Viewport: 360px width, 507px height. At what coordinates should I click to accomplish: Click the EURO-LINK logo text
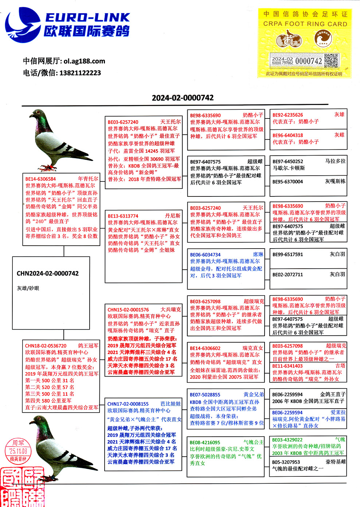point(87,17)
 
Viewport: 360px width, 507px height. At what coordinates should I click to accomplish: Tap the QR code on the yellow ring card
point(331,61)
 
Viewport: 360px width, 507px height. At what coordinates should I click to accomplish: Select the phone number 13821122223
point(80,73)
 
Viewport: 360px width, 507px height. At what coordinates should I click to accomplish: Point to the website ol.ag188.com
point(84,61)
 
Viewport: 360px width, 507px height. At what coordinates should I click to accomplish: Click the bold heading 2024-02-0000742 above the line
point(183,98)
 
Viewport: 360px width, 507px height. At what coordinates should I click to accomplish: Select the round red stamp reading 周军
point(18,451)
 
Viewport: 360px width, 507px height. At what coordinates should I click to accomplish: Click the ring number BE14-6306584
point(40,179)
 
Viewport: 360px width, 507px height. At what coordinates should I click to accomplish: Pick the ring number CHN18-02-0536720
point(46,346)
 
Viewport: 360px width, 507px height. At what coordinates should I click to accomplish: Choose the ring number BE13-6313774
point(123,216)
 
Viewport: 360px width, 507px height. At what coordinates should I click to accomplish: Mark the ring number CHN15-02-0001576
point(128,309)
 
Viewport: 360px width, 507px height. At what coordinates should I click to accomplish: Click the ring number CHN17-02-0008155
point(128,404)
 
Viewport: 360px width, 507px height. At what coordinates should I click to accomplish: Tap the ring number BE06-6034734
point(205,254)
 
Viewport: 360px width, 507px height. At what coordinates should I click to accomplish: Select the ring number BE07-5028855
point(205,394)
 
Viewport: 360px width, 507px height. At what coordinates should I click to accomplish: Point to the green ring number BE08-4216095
point(205,442)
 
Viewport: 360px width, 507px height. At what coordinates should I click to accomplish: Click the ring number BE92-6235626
point(287,115)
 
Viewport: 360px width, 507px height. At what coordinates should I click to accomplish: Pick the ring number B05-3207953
point(286,462)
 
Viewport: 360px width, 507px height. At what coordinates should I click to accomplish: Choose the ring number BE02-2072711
point(287,274)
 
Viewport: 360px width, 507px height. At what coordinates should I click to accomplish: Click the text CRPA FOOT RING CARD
point(305,24)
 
